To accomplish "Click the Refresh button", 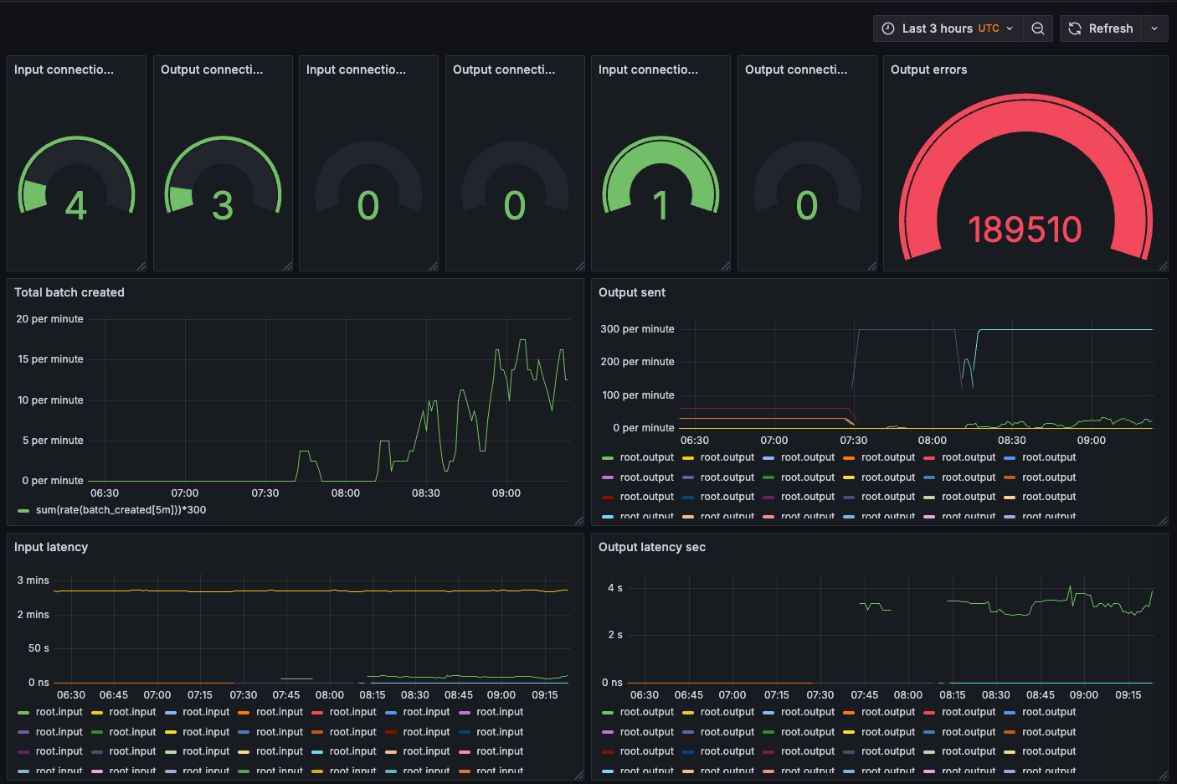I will [x=1101, y=28].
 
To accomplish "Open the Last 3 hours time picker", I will [x=948, y=28].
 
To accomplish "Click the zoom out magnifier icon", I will [x=1037, y=28].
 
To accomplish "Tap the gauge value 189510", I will [x=1025, y=230].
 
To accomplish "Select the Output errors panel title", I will [x=928, y=70].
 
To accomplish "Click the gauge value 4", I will [x=76, y=206].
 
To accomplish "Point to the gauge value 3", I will [x=223, y=206].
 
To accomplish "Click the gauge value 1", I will [x=660, y=206].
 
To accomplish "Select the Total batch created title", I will [x=69, y=292].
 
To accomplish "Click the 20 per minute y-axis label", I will [x=50, y=319].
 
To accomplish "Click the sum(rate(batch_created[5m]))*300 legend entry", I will [x=121, y=510].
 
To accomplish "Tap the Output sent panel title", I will [x=632, y=292].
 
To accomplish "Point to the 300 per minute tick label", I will [x=637, y=329].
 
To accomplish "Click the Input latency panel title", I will [x=51, y=547].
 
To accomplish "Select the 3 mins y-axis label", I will [x=33, y=580].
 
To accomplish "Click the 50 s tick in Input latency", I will [x=39, y=648].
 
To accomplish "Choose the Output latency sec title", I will [x=652, y=547].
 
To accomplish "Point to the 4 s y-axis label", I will [x=615, y=588].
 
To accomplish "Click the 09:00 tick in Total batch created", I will [x=506, y=493].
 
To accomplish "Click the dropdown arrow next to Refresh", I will [x=1154, y=28].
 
